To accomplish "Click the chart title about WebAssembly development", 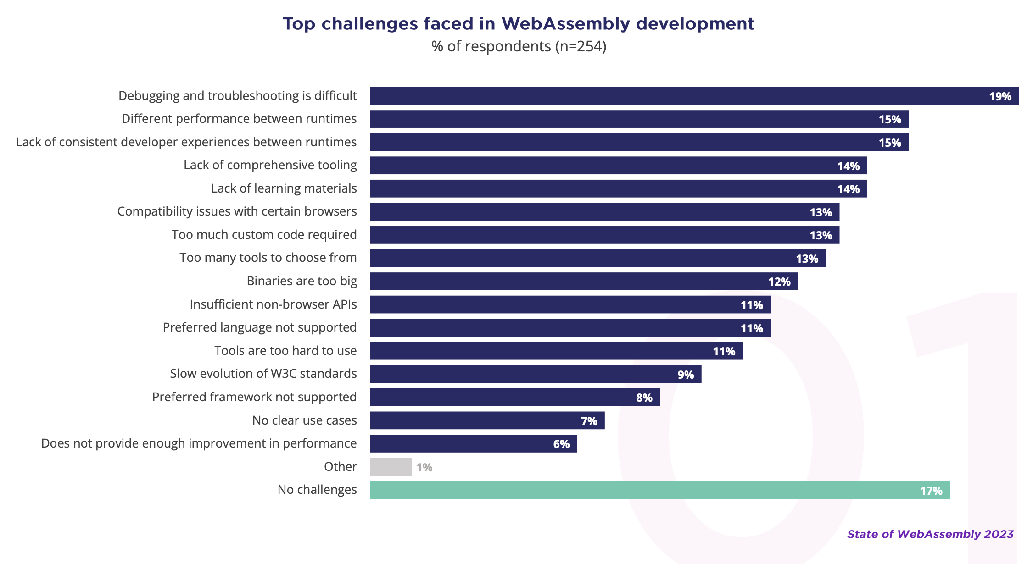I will pyautogui.click(x=518, y=24).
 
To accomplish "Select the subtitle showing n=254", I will pyautogui.click(x=519, y=46).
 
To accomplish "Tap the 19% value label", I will pyautogui.click(x=1000, y=96).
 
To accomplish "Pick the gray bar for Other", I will pyautogui.click(x=391, y=467).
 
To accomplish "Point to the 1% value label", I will pyautogui.click(x=424, y=467).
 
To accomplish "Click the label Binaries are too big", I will pyautogui.click(x=302, y=281).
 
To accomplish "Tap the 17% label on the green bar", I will pyautogui.click(x=931, y=491).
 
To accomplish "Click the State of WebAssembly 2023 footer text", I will pyautogui.click(x=930, y=534).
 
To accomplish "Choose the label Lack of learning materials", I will pyautogui.click(x=284, y=188).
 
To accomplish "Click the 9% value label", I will pyautogui.click(x=686, y=375).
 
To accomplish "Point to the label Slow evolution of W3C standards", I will pyautogui.click(x=263, y=374).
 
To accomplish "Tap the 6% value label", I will pyautogui.click(x=561, y=444).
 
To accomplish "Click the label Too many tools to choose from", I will pyautogui.click(x=268, y=258).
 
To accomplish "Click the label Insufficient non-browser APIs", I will pyautogui.click(x=273, y=304).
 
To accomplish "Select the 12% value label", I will pyautogui.click(x=779, y=282).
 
